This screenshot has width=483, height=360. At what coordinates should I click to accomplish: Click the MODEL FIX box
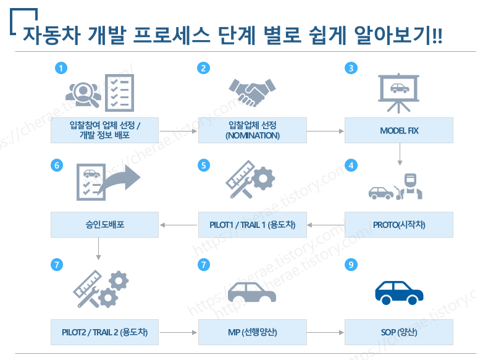point(399,131)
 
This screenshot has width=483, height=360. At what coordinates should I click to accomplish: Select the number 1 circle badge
point(60,69)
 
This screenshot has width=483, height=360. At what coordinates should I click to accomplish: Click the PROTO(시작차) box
point(399,225)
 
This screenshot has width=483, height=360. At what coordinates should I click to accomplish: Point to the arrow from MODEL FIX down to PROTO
point(400,154)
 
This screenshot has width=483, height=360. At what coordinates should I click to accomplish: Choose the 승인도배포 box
point(104,225)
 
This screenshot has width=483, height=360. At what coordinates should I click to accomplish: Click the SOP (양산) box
point(399,332)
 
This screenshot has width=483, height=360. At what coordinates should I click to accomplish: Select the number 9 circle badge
point(351,264)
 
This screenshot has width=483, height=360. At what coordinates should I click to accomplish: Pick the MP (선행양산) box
point(252,332)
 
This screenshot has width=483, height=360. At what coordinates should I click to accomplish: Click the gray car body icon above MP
point(252,293)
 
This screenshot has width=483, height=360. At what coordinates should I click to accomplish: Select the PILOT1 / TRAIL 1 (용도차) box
point(252,225)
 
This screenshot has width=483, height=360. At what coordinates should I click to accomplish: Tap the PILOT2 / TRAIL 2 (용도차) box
point(104,332)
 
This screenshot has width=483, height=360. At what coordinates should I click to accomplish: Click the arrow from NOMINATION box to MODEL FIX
point(325,132)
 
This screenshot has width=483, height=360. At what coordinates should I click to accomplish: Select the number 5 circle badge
point(204,165)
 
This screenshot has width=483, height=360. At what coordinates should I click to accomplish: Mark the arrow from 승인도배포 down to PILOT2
point(99,247)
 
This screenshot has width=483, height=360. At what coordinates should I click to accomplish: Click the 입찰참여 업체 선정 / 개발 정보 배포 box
point(104,131)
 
